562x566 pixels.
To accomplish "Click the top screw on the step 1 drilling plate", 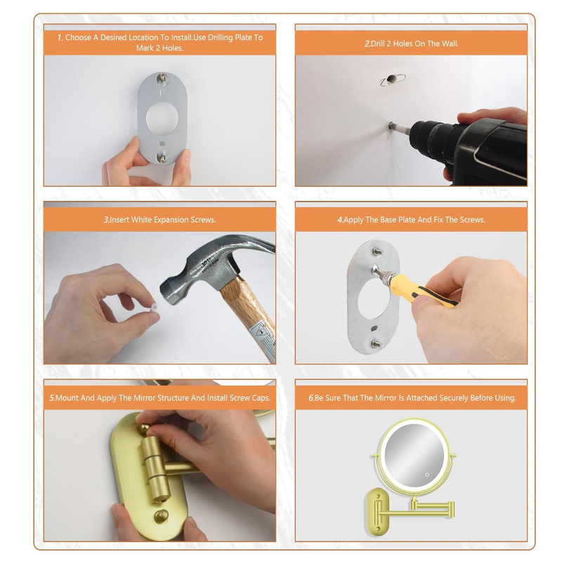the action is pos(162,79).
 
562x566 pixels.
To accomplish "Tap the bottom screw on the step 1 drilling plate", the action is pos(162,157).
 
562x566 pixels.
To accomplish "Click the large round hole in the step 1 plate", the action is pos(162,119).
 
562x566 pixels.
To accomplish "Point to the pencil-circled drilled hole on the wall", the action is pos(391,79).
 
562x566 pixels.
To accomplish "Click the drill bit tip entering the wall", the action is pos(391,126).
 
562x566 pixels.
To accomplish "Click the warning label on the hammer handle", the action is pos(264,339).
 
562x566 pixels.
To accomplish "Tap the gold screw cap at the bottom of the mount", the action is pos(162,517).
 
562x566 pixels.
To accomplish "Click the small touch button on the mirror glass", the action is pos(427,475).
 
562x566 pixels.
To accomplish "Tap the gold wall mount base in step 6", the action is pos(377,511).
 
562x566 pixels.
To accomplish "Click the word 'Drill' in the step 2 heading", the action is pos(378,44).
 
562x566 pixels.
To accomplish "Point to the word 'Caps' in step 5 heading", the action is pos(261,397).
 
